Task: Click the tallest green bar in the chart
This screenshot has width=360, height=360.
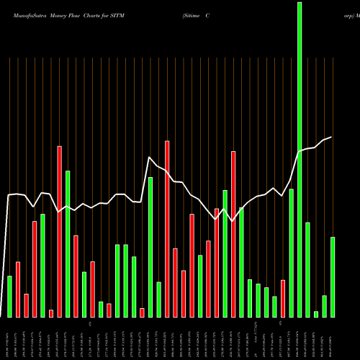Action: coord(300,158)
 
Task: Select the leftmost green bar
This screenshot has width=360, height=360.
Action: coord(9,296)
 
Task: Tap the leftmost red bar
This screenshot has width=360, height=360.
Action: coord(18,289)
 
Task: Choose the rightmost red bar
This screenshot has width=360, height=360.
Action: coord(283,298)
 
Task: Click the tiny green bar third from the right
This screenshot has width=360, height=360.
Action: coord(316,313)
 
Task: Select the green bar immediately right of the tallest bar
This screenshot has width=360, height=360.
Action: coord(307,269)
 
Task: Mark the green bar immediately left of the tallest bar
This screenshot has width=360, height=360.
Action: coord(291,252)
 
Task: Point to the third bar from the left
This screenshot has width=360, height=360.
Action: coord(26,305)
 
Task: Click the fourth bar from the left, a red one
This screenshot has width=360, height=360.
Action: coord(35,269)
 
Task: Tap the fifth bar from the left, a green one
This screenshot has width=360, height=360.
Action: coord(42,265)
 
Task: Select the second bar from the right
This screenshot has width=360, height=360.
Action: coord(324,306)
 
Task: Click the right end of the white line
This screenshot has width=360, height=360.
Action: coord(331,137)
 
